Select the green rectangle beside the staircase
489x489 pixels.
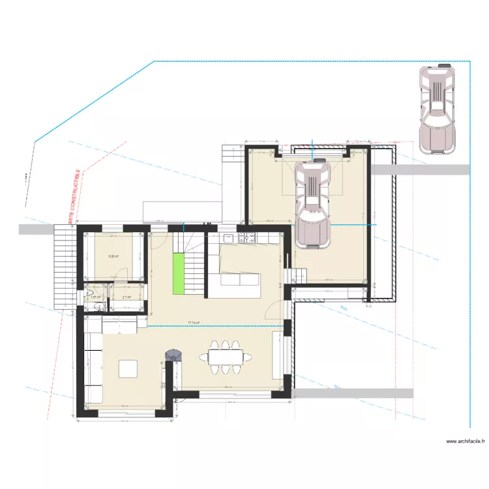(x=177, y=274)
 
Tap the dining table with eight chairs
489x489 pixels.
(x=226, y=357)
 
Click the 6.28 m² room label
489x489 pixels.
(x=113, y=256)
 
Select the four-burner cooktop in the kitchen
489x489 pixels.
(x=249, y=239)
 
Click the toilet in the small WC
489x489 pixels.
(x=91, y=292)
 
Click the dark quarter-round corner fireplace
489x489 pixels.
(x=173, y=355)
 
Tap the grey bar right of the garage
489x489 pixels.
(x=421, y=170)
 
